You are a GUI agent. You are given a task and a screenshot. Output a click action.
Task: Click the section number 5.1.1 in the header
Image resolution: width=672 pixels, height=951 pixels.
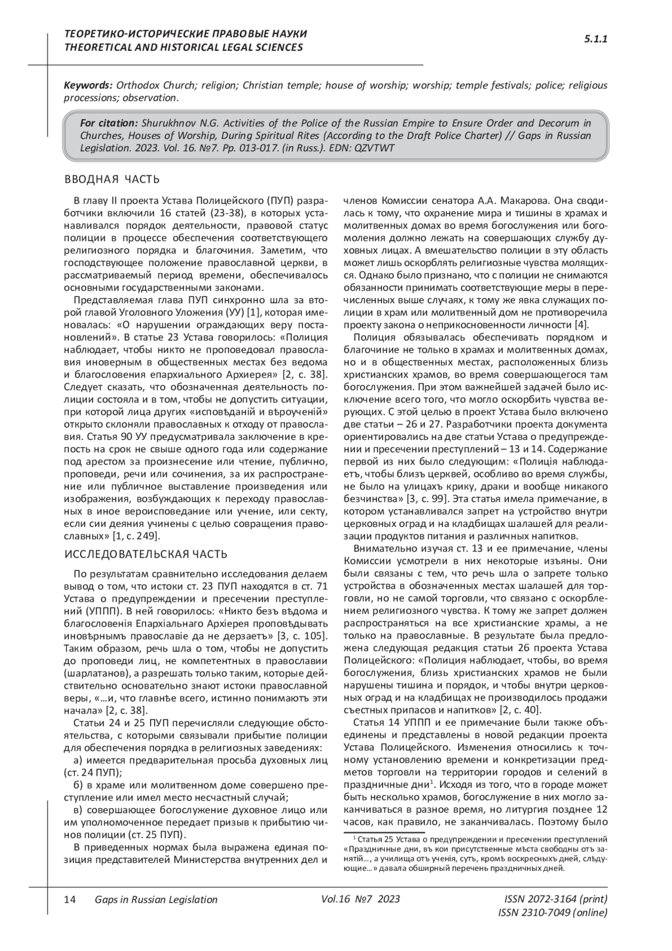coord(596,39)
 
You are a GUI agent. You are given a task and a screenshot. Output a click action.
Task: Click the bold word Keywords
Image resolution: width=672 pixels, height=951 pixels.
coord(88,86)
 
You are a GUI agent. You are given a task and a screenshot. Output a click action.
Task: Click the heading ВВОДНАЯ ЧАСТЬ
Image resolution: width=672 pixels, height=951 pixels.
coord(113,179)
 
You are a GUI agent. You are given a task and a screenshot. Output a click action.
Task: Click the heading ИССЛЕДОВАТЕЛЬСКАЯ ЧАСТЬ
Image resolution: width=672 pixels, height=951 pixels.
coord(146,554)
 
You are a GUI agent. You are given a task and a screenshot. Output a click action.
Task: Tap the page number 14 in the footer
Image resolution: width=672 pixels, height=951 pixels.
coord(71,899)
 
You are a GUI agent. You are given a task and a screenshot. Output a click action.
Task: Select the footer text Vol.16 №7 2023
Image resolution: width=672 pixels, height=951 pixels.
coord(361,899)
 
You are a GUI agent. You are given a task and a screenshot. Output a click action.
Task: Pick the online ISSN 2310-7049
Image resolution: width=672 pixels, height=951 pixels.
coord(552,913)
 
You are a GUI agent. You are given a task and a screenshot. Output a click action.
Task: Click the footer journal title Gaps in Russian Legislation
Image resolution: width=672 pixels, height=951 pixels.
coord(156,899)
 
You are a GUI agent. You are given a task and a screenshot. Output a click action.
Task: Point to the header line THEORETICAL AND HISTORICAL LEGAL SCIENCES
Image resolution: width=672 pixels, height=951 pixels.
coord(184,48)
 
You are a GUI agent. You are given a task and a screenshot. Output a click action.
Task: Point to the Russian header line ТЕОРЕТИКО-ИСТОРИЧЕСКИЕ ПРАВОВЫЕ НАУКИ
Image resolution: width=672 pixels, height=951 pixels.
coord(186,34)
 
